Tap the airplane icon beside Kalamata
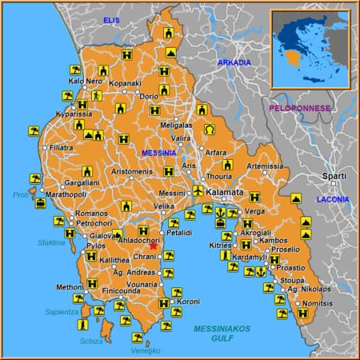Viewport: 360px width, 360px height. click(x=198, y=191)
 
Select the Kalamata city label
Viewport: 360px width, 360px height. click(x=225, y=193)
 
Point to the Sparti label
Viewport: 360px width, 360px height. click(x=334, y=175)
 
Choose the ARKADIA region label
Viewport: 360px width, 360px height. click(x=234, y=62)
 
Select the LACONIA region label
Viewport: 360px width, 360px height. click(x=333, y=198)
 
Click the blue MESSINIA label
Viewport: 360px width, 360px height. click(x=158, y=152)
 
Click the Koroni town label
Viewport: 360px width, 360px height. click(x=189, y=302)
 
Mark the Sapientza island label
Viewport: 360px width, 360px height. click(x=61, y=312)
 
